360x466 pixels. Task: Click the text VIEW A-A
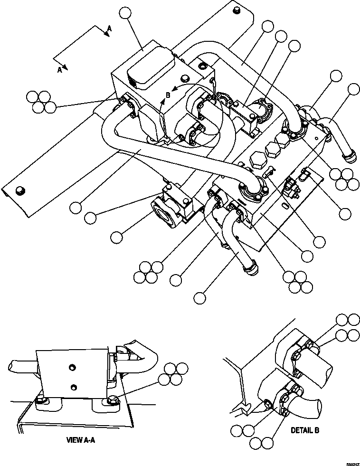tap(81, 440)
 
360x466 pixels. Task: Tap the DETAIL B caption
tap(305, 430)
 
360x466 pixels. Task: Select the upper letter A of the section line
tap(109, 29)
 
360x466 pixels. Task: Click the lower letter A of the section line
tap(60, 70)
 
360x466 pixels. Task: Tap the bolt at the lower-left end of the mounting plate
tap(19, 190)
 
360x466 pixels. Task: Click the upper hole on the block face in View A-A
tap(71, 366)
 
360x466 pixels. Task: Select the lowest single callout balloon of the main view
tap(200, 298)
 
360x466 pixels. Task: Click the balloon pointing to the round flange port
tap(118, 236)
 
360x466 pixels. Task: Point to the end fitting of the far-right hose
tap(349, 156)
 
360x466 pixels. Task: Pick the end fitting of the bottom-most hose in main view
tap(250, 269)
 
